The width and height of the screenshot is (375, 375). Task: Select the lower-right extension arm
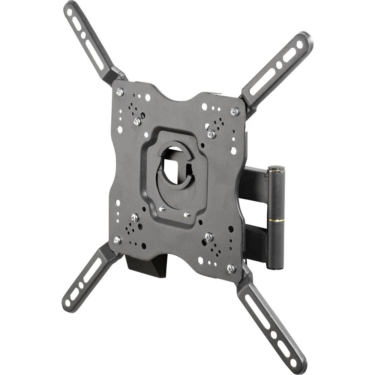270,322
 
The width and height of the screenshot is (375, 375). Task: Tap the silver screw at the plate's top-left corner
120,91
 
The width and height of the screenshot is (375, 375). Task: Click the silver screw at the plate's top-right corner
235,111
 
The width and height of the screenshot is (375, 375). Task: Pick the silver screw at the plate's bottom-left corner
117,240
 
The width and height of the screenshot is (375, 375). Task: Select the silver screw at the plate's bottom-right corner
231,268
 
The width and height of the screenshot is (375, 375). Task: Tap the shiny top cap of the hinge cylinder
276,169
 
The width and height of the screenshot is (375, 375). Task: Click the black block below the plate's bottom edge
146,266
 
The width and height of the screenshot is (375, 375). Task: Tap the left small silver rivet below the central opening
162,209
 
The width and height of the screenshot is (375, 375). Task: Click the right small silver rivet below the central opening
187,214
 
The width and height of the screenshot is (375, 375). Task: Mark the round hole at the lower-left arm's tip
68,302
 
